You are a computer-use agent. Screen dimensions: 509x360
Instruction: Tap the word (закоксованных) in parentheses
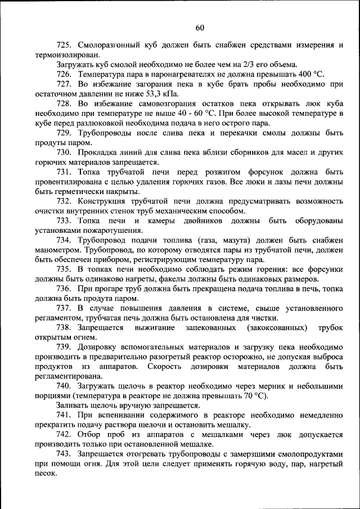tap(274, 327)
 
